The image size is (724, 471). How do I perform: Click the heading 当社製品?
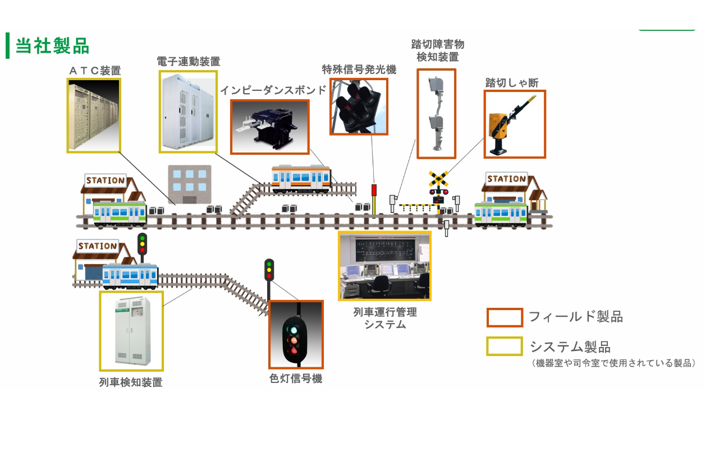pos(52,46)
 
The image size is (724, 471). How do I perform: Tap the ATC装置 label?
pos(94,71)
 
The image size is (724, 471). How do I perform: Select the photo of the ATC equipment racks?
pos(94,115)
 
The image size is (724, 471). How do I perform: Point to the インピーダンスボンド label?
pos(273,90)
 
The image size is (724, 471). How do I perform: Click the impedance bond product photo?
pos(269,127)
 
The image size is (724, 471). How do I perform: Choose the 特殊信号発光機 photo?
pos(359,107)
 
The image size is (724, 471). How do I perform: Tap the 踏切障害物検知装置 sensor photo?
pos(436,114)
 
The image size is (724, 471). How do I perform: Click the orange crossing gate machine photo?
pos(514,124)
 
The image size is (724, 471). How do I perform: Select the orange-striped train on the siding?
pos(301,178)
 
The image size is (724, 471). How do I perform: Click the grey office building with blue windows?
pos(190,184)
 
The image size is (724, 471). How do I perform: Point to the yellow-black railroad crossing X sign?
pos(438,179)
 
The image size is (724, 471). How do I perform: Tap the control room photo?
pos(384,266)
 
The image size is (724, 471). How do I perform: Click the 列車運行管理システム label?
pos(384,318)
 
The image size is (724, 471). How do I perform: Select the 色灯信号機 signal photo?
pos(296,334)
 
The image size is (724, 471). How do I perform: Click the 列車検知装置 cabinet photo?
pos(131,331)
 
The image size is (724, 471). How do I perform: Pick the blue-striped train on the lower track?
pos(130,276)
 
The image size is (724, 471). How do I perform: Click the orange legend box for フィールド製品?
pos(505,317)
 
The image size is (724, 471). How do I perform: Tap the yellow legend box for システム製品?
pos(504,346)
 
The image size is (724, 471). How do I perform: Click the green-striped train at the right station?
pos(501,214)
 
